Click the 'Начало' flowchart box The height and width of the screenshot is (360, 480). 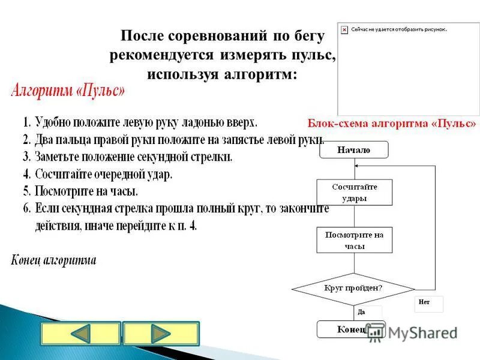tap(354, 150)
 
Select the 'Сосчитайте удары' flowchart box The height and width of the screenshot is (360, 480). tap(354, 192)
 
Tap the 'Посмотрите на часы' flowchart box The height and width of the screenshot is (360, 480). tap(354, 240)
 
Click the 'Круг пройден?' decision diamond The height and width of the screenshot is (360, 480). tap(353, 287)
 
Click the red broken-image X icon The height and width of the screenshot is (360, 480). tap(344, 29)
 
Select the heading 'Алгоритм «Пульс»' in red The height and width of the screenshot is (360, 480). tap(68, 92)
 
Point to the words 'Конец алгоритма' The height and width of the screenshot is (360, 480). tap(53, 260)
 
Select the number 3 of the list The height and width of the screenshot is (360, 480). tap(26, 158)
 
